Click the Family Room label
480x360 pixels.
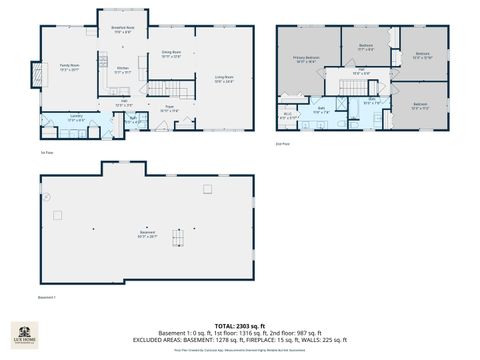pyautogui.click(x=69, y=68)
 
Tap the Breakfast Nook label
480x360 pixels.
pyautogui.click(x=123, y=30)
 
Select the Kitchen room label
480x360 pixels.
pyautogui.click(x=123, y=70)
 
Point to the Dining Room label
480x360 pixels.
pyautogui.click(x=171, y=54)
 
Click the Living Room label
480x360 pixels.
pyautogui.click(x=223, y=79)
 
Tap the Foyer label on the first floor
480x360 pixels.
pyautogui.click(x=170, y=109)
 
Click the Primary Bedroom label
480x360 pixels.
pyautogui.click(x=307, y=60)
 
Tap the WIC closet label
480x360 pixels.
pyautogui.click(x=288, y=116)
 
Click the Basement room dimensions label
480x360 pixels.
pyautogui.click(x=147, y=237)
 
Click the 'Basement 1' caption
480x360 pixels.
pyautogui.click(x=47, y=298)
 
